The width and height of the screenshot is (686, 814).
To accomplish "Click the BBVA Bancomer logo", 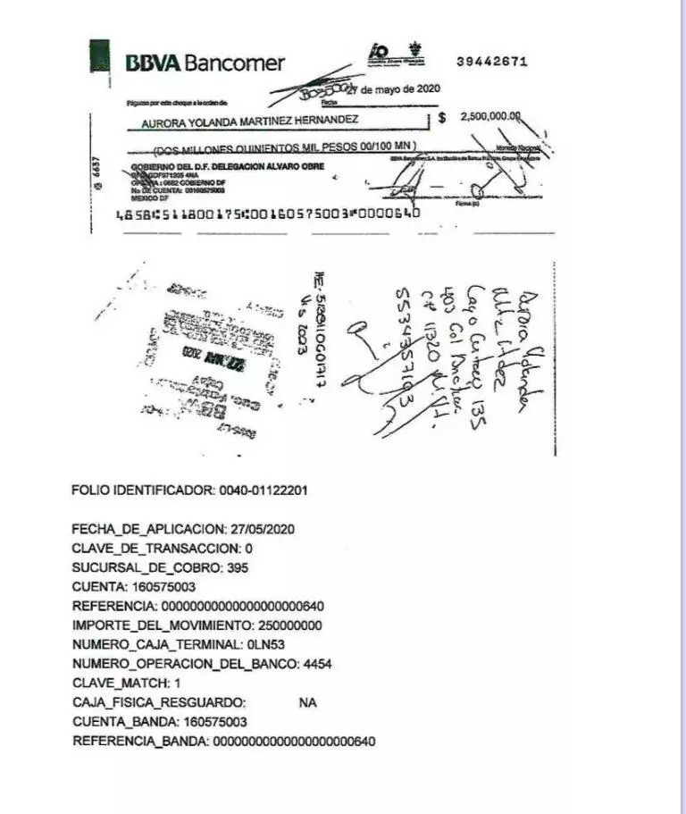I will pyautogui.click(x=205, y=63).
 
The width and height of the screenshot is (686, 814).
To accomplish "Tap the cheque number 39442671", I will pyautogui.click(x=491, y=62).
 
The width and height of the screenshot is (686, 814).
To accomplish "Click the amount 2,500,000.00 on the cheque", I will pyautogui.click(x=490, y=117).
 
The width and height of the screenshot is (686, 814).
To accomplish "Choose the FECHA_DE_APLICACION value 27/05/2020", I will pyautogui.click(x=264, y=529).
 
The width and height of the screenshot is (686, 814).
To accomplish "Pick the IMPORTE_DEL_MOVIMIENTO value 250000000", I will pyautogui.click(x=289, y=625).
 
